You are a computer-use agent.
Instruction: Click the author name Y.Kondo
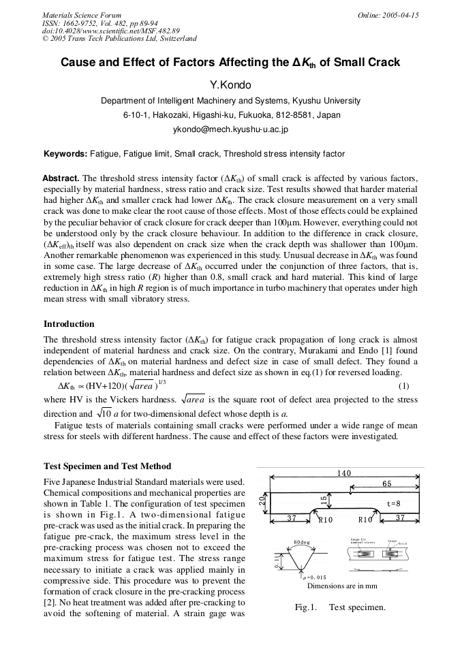[x=230, y=84]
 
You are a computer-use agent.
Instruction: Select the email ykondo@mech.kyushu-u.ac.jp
[x=230, y=128]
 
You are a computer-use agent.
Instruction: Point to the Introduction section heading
[x=69, y=323]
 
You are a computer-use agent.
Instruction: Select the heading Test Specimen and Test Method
[x=107, y=466]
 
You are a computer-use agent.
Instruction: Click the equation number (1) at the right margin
[x=412, y=386]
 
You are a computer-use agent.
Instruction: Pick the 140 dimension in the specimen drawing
[x=344, y=473]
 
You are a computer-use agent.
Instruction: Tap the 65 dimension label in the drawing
[x=386, y=483]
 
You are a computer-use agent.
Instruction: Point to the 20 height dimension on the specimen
[x=262, y=502]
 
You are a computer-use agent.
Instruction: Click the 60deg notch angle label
[x=303, y=542]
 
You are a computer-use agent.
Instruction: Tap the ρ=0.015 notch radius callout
[x=315, y=577]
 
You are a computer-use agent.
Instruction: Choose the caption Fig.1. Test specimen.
[x=339, y=607]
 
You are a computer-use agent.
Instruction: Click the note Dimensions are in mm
[x=343, y=586]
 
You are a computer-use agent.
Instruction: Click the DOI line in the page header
[x=111, y=31]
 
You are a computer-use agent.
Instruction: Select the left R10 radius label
[x=326, y=520]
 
